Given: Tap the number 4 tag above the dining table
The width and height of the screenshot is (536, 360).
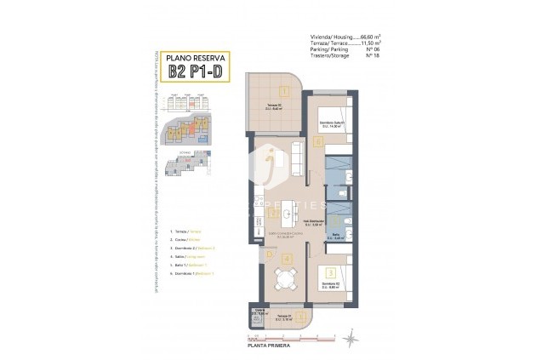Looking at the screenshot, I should coord(287,259).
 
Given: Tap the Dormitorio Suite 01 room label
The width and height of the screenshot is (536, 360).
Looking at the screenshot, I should coord(330,124).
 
